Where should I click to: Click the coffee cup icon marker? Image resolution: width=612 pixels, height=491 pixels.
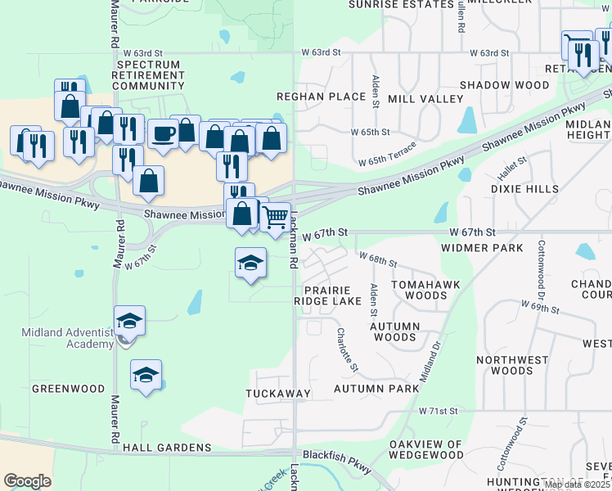tap(163, 133)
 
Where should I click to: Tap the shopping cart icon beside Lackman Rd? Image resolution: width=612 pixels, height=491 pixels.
tap(276, 217)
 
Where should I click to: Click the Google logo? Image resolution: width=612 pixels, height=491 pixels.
tap(27, 480)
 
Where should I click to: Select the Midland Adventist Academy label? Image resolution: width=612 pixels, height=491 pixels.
tap(68, 337)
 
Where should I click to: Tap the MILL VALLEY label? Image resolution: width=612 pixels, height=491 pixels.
tap(425, 99)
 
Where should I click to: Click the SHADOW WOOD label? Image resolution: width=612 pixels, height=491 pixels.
tap(504, 85)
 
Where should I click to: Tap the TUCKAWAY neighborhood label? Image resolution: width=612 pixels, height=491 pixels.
tap(278, 394)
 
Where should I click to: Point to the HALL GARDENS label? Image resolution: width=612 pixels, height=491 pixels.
tap(167, 448)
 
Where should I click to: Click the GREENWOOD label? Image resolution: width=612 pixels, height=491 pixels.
tap(68, 388)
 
